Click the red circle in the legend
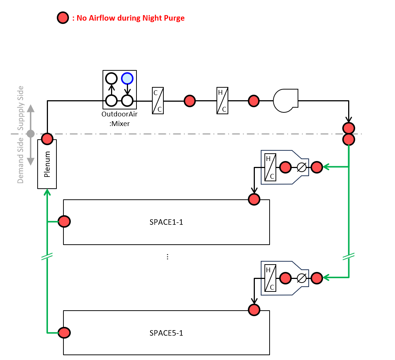(x=63, y=18)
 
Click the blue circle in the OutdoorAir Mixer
(x=127, y=78)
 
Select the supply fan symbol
(x=285, y=100)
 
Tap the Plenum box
(x=47, y=169)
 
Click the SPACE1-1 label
(x=166, y=222)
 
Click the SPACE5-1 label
(x=166, y=333)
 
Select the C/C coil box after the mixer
(x=158, y=100)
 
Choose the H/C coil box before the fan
(x=222, y=100)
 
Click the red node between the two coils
(x=190, y=100)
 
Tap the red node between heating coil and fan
(x=253, y=100)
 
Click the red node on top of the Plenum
(x=47, y=139)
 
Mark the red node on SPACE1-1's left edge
(x=64, y=222)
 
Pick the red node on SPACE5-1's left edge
(x=64, y=333)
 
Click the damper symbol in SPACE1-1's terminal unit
(x=302, y=167)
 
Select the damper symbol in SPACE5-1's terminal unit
(x=302, y=278)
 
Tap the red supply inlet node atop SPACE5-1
(x=254, y=310)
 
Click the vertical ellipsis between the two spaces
(x=167, y=257)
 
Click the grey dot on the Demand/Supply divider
(x=31, y=134)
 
